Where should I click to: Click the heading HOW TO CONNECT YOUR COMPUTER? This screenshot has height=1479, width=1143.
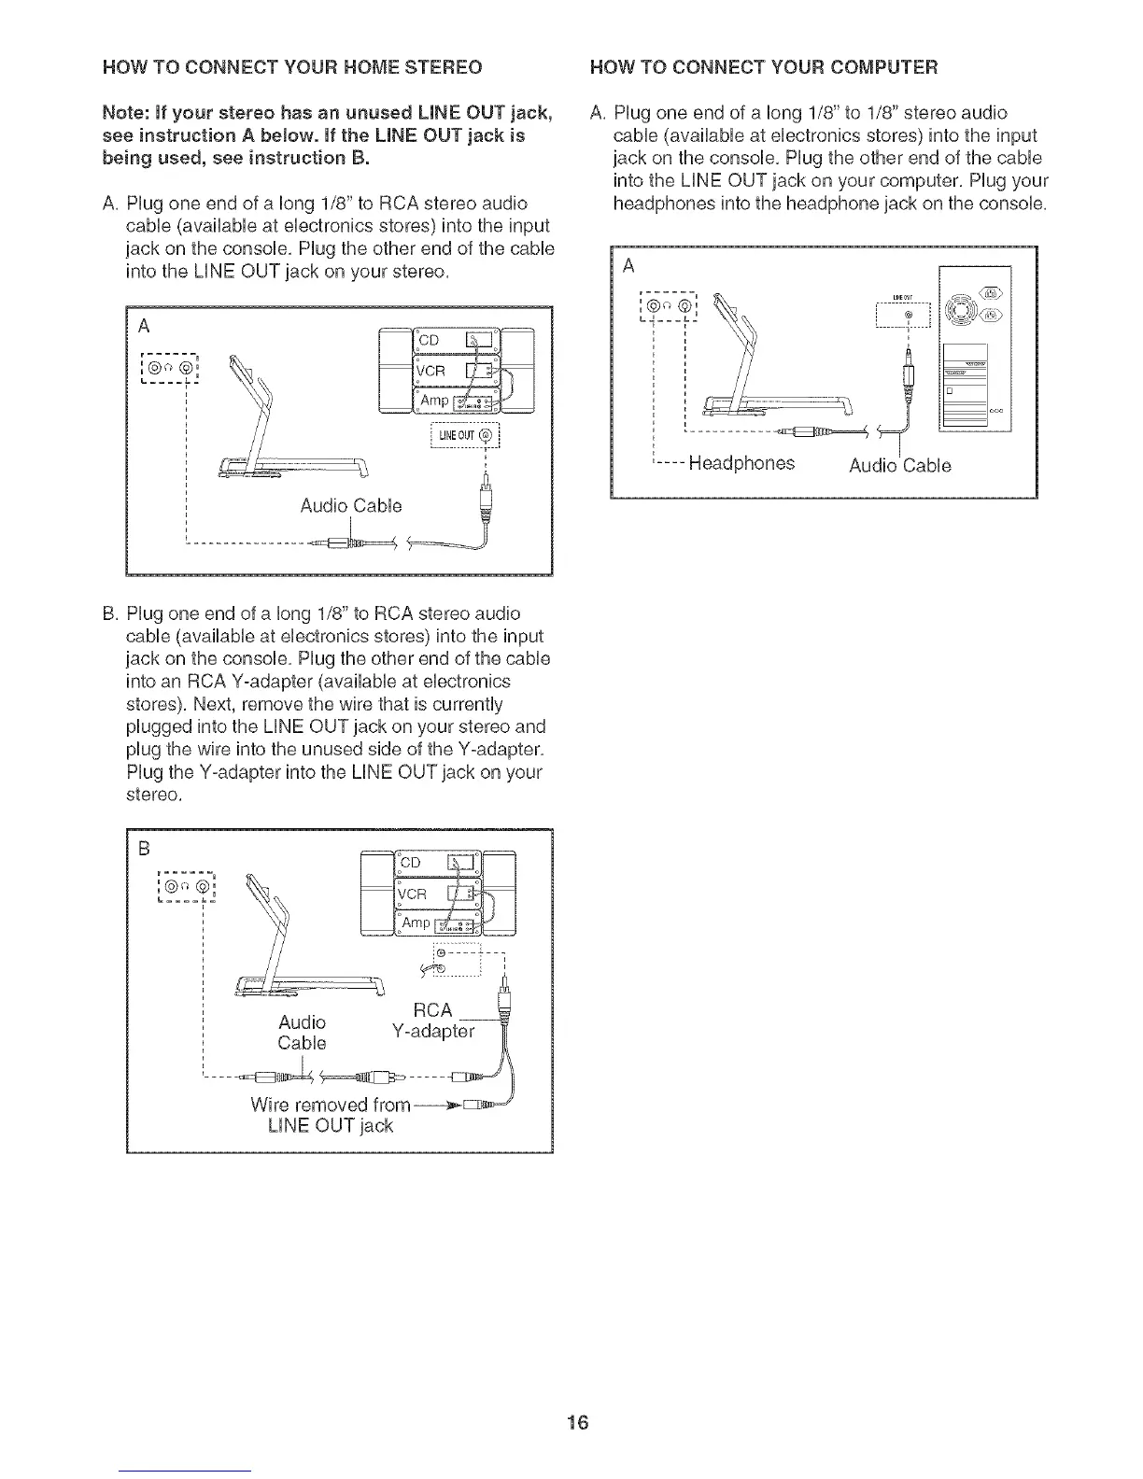click(x=765, y=67)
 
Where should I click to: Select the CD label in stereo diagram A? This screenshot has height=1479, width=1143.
click(x=428, y=340)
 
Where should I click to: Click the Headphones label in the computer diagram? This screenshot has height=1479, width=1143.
click(x=741, y=463)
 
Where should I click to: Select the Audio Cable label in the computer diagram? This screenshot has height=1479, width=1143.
click(x=899, y=465)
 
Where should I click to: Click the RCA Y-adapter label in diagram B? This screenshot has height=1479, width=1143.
click(x=438, y=1021)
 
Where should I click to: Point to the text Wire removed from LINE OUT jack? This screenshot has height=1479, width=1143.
click(x=331, y=1115)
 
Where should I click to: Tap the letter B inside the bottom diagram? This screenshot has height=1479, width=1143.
click(x=145, y=849)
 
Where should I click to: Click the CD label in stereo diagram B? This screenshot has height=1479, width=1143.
click(x=412, y=864)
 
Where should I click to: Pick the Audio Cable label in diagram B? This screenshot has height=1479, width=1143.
click(x=302, y=1032)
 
